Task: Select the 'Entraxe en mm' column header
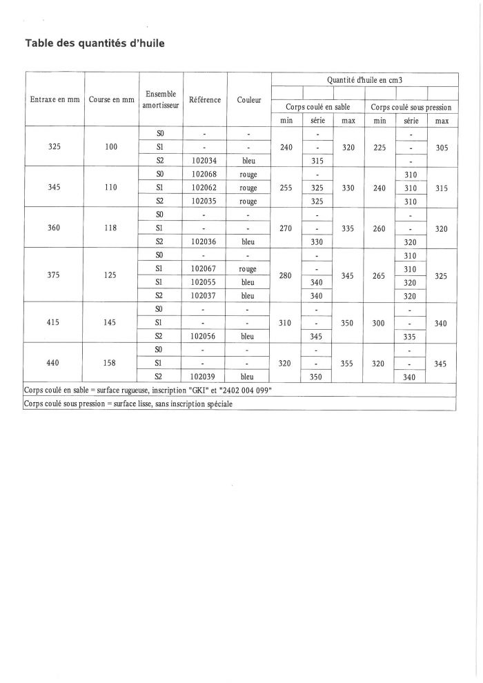pyautogui.click(x=55, y=100)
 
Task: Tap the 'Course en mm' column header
pyautogui.click(x=111, y=100)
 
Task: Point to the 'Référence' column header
pyautogui.click(x=204, y=100)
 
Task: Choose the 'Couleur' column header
pyautogui.click(x=248, y=100)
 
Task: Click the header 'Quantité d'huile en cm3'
pyautogui.click(x=364, y=80)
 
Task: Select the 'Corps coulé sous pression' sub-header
pyautogui.click(x=411, y=108)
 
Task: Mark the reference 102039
pyautogui.click(x=204, y=377)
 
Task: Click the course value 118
pyautogui.click(x=111, y=228)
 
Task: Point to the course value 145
pyautogui.click(x=111, y=322)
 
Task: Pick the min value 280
pyautogui.click(x=286, y=276)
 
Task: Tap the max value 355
pyautogui.click(x=348, y=363)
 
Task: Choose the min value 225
pyautogui.click(x=379, y=147)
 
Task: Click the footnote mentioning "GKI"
pyautogui.click(x=148, y=390)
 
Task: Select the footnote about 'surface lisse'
pyautogui.click(x=128, y=404)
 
